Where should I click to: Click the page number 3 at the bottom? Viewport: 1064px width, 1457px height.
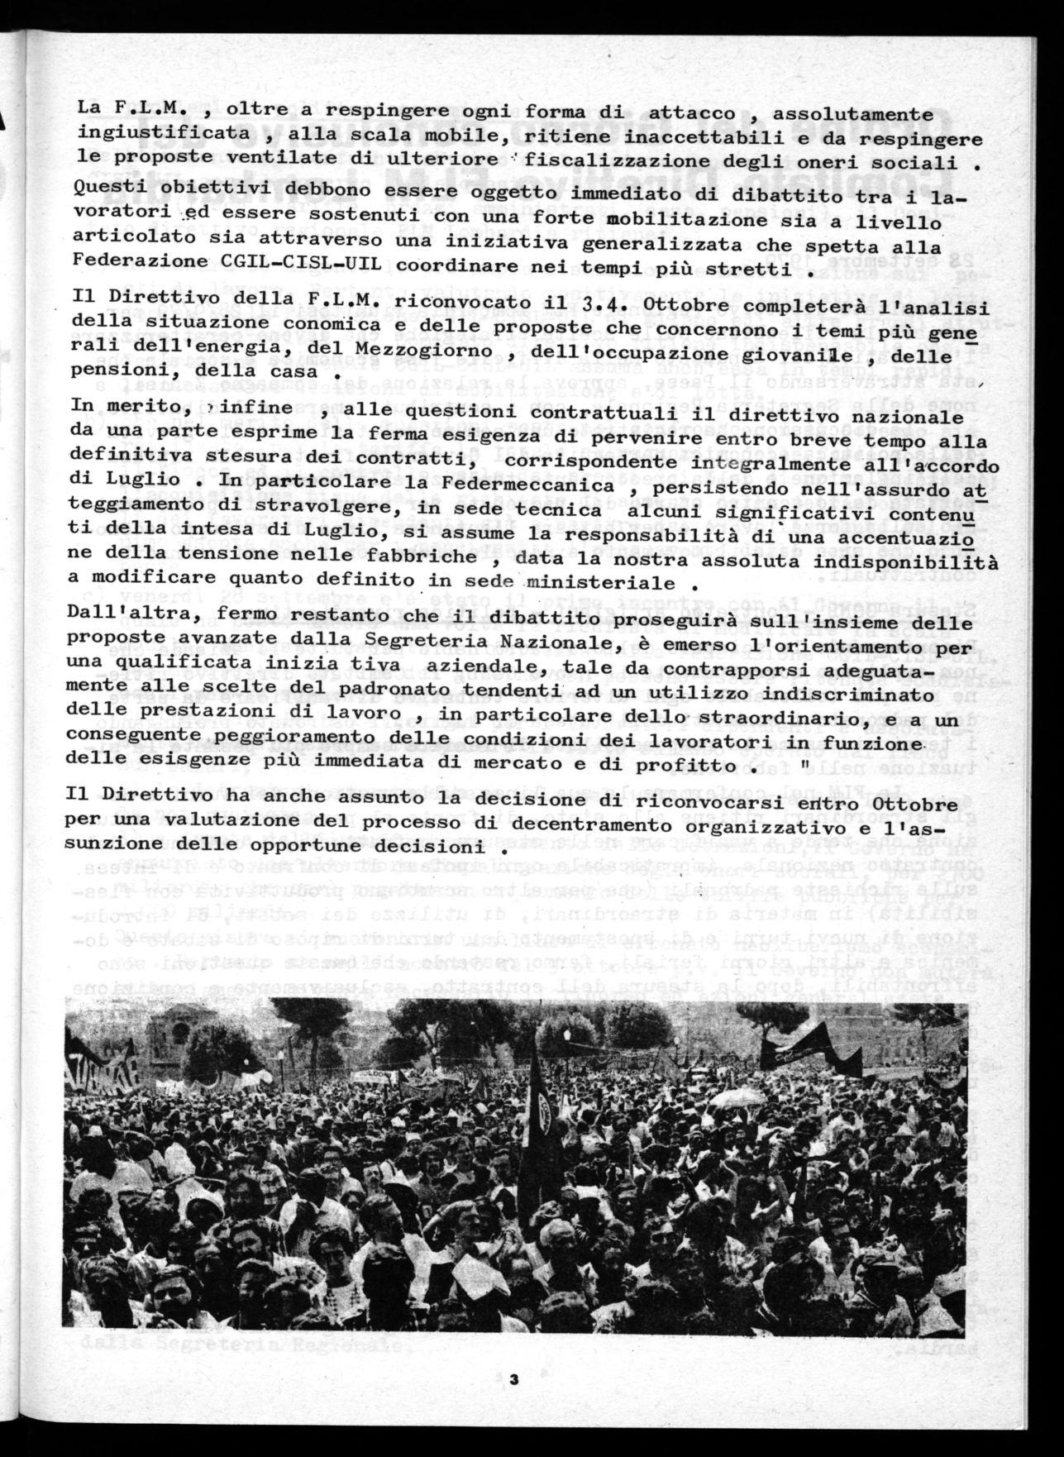pyautogui.click(x=513, y=1378)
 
